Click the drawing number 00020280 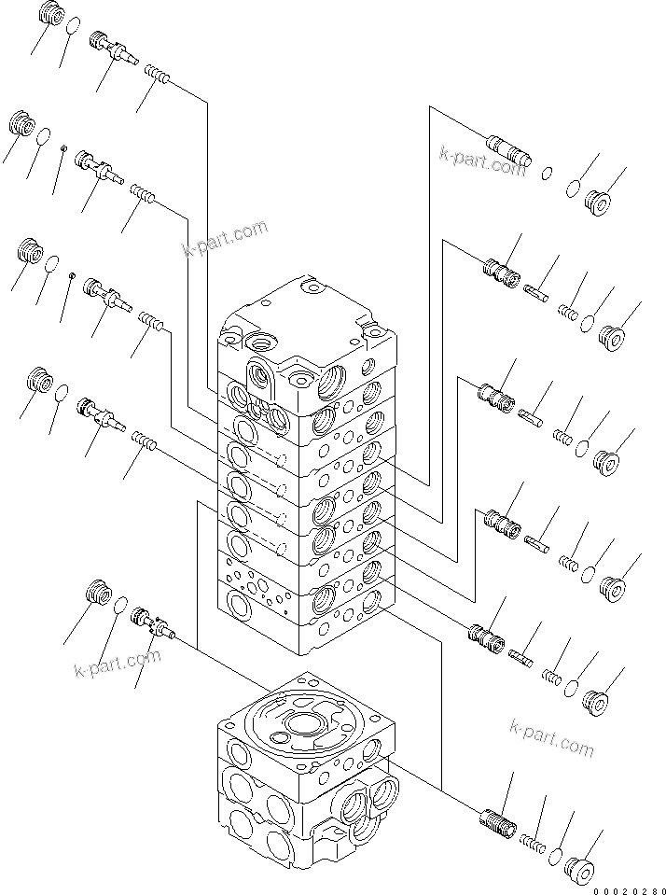click(627, 887)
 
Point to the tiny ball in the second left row click(62, 147)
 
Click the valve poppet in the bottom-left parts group click(153, 622)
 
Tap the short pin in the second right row click(538, 292)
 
